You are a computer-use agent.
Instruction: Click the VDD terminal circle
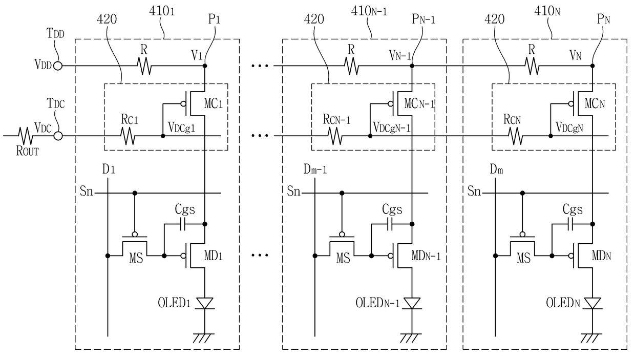pyautogui.click(x=58, y=66)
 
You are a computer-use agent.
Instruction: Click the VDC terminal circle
pyautogui.click(x=58, y=136)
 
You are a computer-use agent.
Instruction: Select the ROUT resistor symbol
pyautogui.click(x=26, y=136)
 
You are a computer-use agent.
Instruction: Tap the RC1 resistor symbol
pyautogui.click(x=128, y=136)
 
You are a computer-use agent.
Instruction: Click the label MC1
pyautogui.click(x=214, y=104)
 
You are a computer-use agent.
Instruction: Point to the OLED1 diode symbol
pyautogui.click(x=205, y=303)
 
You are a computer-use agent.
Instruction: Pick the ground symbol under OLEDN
pyautogui.click(x=592, y=338)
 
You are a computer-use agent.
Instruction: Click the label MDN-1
pyautogui.click(x=426, y=256)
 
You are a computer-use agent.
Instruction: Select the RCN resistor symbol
pyautogui.click(x=516, y=136)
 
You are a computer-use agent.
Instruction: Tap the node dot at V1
pyautogui.click(x=205, y=66)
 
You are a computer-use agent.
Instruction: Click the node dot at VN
pyautogui.click(x=592, y=66)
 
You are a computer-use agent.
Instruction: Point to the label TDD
pyautogui.click(x=55, y=33)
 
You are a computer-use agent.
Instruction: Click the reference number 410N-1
pyautogui.click(x=369, y=11)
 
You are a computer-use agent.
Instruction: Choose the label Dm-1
pyautogui.click(x=315, y=170)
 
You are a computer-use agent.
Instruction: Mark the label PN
pyautogui.click(x=604, y=19)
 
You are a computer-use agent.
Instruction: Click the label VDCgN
pyautogui.click(x=569, y=128)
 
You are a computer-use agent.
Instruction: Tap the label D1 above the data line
pyautogui.click(x=109, y=170)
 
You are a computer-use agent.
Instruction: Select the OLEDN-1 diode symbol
pyautogui.click(x=412, y=303)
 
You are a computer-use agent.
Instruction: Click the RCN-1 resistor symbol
pyautogui.click(x=335, y=136)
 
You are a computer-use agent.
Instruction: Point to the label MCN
pyautogui.click(x=595, y=104)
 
